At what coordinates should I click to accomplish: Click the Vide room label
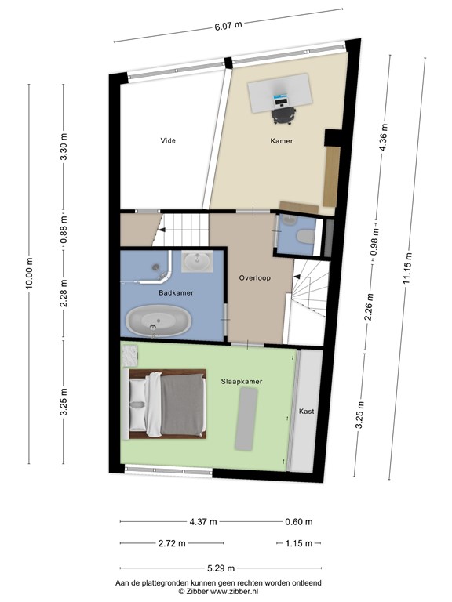pos(168,140)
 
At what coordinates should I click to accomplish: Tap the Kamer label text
pos(282,141)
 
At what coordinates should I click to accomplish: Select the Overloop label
pos(255,278)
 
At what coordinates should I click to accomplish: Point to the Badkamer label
pos(176,293)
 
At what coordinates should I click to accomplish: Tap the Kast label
pos(306,412)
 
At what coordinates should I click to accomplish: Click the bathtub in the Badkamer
pos(159,321)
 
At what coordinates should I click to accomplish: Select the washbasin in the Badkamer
pos(197,262)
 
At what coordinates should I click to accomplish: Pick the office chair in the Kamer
pos(283,115)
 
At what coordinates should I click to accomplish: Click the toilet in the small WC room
pos(306,236)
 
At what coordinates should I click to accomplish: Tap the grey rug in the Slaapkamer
pos(246,419)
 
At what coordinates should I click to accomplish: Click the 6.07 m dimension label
pos(228,27)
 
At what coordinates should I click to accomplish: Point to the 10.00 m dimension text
pos(30,274)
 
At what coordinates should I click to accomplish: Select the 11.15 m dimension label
pos(407,268)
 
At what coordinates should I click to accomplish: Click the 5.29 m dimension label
pos(221,568)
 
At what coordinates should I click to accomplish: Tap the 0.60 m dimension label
pos(299,522)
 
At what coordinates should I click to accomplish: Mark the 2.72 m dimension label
pos(172,543)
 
